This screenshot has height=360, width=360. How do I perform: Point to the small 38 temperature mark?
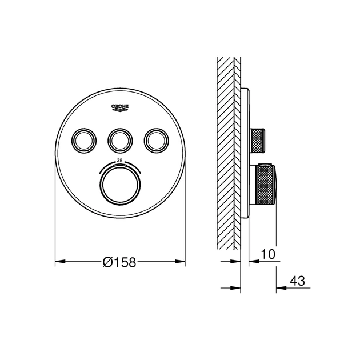(x=119, y=161)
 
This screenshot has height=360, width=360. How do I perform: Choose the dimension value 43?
(x=297, y=281)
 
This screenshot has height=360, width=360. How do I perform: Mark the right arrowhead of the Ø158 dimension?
(x=182, y=262)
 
